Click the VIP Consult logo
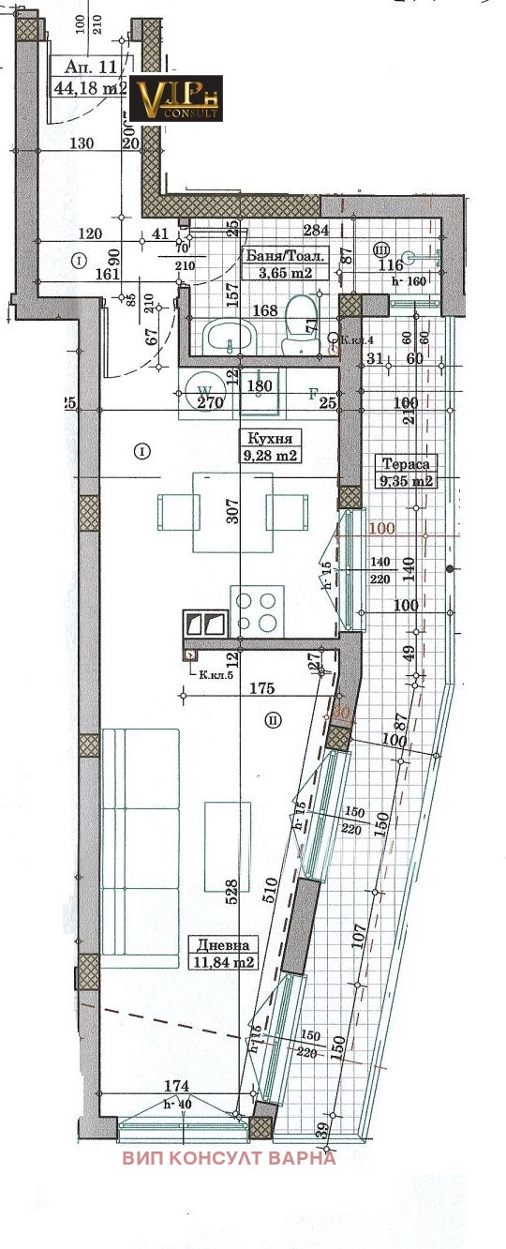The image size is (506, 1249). (175, 98)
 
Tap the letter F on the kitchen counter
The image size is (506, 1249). (314, 395)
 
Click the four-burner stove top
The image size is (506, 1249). (257, 609)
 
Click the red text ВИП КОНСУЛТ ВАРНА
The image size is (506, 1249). (229, 1157)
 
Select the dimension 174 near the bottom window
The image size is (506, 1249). (177, 1086)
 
